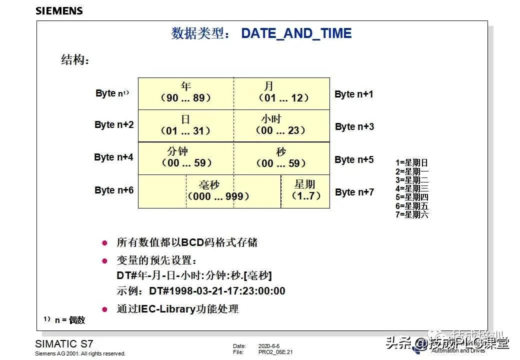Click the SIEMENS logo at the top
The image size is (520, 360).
coord(59,10)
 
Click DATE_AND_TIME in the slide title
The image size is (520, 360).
coord(296,33)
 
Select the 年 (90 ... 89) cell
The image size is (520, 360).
coord(186,93)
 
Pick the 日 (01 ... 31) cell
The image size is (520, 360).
coord(186,125)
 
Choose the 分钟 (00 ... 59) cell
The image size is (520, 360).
coord(186,158)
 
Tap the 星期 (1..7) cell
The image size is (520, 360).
coord(305,190)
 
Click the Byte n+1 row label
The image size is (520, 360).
coord(354,94)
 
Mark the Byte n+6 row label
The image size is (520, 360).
coord(114,190)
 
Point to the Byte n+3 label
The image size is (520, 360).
coord(354,126)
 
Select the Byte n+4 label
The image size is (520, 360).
coord(113,157)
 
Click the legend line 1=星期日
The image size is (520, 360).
coord(411,162)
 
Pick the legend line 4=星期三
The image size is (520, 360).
coord(411,188)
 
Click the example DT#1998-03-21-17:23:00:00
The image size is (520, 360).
coord(217,291)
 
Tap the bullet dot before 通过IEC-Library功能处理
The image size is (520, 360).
coord(104,309)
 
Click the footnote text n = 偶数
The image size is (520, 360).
coord(70,320)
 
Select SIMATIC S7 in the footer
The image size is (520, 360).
coord(64,344)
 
